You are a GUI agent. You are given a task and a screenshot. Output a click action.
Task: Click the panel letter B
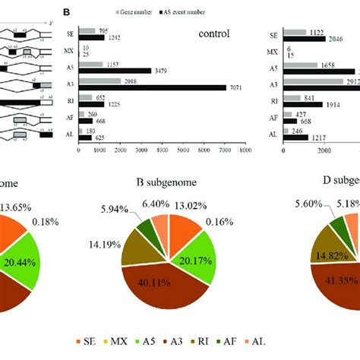pos(67,12)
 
